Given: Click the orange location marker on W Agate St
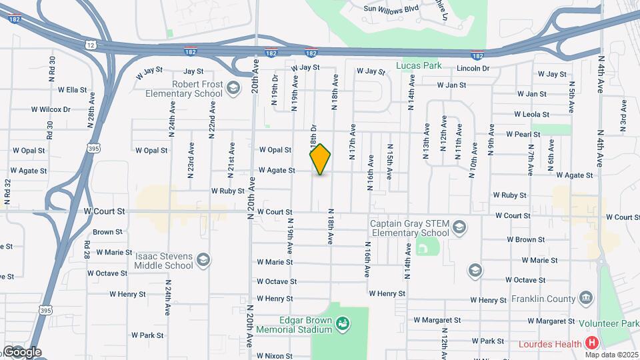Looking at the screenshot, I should click(x=320, y=159).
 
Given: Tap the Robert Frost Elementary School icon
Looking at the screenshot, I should click(x=233, y=87).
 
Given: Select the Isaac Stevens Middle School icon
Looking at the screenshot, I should click(x=203, y=259).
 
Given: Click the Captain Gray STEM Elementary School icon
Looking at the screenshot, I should click(x=459, y=228).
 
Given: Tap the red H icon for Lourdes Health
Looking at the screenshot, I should click(x=591, y=343).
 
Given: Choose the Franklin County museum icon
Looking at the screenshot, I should click(x=585, y=297).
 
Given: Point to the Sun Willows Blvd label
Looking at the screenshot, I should click(x=390, y=9).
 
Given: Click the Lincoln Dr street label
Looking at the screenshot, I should click(x=473, y=69).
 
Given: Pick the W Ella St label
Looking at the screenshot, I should click(x=73, y=89).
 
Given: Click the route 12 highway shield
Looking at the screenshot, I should click(x=91, y=44).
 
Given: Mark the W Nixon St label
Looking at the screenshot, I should click(x=277, y=356).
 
